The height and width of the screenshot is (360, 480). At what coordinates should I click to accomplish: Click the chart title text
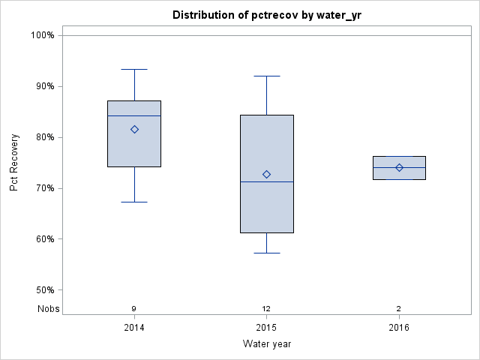[266, 15]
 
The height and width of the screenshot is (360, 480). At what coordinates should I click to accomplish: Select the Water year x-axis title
[266, 344]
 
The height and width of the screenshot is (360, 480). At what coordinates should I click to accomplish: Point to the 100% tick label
[42, 35]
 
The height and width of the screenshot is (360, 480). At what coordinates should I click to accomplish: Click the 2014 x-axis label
[134, 328]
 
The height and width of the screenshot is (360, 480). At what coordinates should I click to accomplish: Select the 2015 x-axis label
[266, 328]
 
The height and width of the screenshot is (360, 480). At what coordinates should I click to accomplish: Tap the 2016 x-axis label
[399, 328]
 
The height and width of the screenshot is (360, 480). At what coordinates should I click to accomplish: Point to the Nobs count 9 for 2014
[134, 308]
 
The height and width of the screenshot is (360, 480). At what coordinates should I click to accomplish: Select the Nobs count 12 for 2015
[266, 308]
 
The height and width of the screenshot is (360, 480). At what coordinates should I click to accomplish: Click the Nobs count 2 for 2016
[399, 308]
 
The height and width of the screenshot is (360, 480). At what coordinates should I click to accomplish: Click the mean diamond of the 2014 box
[134, 129]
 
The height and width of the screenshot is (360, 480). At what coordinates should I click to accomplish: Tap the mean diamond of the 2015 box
[266, 174]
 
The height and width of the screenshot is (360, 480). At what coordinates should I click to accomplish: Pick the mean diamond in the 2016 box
[399, 167]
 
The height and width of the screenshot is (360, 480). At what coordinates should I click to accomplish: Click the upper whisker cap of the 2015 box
[266, 76]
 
